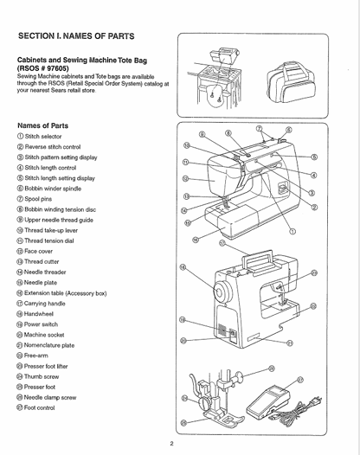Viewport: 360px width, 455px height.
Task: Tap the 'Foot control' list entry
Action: [48, 407]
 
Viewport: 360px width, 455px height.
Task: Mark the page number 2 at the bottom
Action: [172, 444]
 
